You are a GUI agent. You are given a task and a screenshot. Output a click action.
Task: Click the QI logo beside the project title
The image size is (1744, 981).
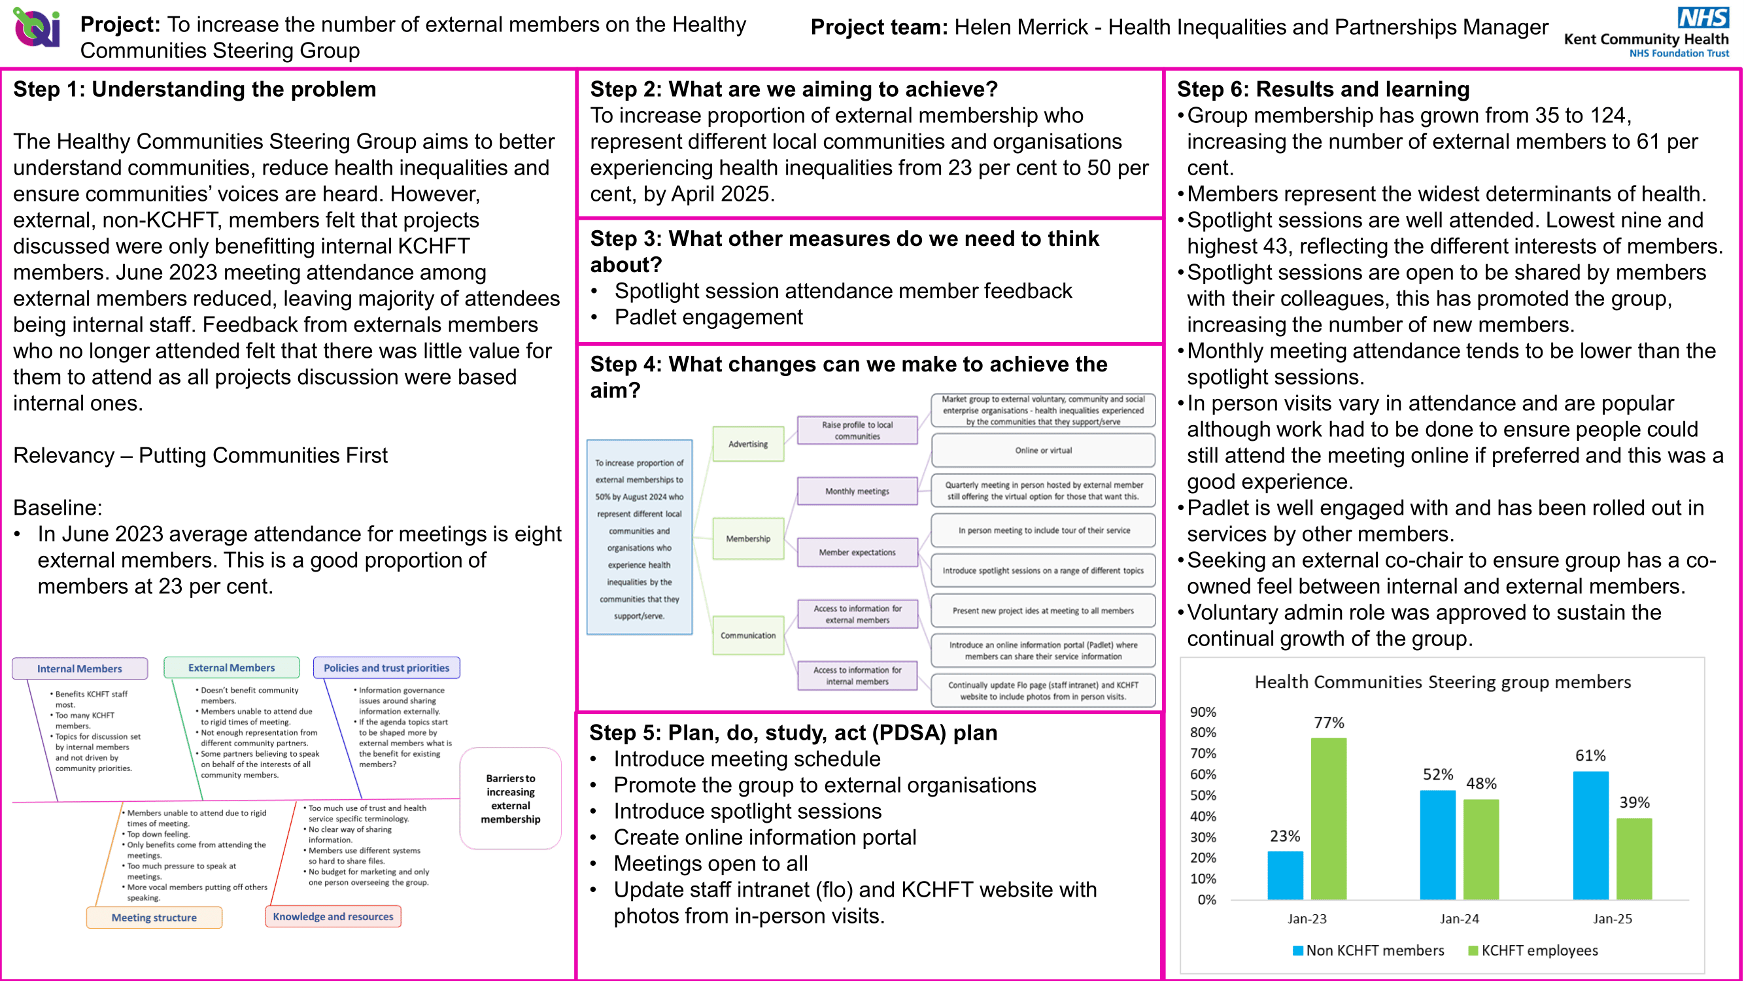37,28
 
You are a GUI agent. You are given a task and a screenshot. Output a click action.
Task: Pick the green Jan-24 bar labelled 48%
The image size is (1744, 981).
1480,849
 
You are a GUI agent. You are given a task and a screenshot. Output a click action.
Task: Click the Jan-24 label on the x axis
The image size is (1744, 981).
1459,919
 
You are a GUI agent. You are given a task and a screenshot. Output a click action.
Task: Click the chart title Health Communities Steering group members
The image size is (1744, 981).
1442,681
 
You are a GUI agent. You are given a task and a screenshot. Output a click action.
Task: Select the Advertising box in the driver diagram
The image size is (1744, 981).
748,444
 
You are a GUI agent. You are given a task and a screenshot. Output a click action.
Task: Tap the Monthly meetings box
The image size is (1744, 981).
857,491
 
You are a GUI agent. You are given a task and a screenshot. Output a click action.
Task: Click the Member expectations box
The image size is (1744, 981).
857,552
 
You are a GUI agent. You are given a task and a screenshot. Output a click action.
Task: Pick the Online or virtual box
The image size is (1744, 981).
1042,450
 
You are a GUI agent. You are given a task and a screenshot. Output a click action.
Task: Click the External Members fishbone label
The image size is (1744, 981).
231,668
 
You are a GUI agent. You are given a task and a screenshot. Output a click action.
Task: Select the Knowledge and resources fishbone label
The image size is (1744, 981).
332,916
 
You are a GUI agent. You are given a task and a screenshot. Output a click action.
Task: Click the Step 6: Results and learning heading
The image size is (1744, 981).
1323,89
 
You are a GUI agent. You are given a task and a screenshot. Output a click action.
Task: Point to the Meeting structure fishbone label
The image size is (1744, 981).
154,918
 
